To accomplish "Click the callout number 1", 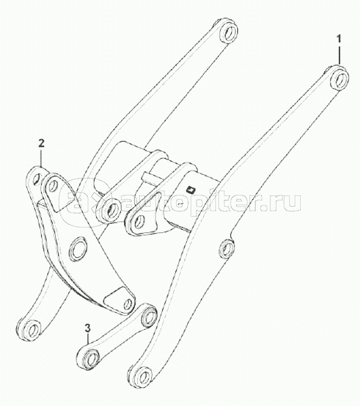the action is [x=339, y=39].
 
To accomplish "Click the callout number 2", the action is [x=41, y=143].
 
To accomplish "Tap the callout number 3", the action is [x=88, y=329].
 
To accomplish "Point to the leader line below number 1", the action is [x=339, y=55].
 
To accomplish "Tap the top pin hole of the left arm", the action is [x=229, y=33].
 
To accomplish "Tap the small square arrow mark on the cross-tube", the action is [x=191, y=190].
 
